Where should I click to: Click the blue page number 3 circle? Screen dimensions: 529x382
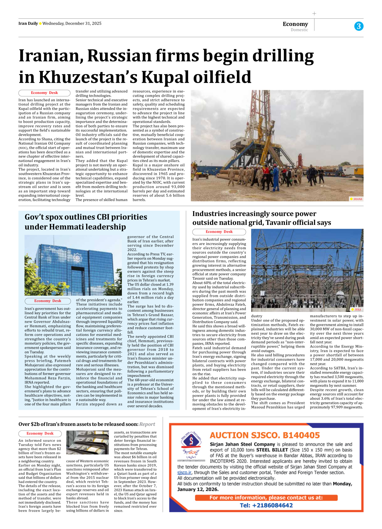click(x=358, y=26)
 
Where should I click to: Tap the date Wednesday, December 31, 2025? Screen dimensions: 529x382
click(x=72, y=23)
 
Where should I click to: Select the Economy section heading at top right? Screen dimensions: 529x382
click(x=295, y=24)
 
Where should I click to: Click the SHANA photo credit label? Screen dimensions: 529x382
click(x=357, y=199)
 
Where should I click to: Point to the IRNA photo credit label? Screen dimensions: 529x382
click(x=357, y=309)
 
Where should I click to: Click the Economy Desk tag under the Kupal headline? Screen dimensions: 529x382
click(x=44, y=93)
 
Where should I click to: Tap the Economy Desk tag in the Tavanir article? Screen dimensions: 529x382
click(x=219, y=232)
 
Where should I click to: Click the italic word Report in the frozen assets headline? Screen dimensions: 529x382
click(x=147, y=424)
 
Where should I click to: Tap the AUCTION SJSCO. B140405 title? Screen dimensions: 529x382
click(x=265, y=435)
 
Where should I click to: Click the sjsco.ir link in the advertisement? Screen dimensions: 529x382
click(x=184, y=473)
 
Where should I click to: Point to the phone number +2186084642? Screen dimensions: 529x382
click(x=266, y=505)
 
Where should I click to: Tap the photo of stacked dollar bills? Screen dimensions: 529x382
click(x=87, y=443)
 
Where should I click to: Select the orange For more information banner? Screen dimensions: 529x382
click(x=266, y=498)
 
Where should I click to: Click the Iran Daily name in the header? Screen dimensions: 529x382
click(x=28, y=23)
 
